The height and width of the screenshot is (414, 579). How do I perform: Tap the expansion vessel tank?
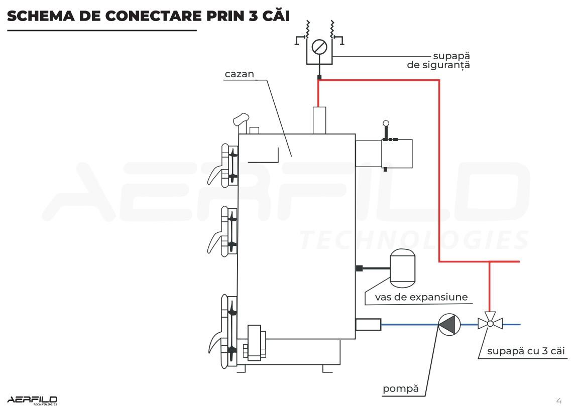tap(403, 266)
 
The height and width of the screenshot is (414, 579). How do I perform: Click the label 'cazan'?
tap(239, 74)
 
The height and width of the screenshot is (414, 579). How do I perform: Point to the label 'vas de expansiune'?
tap(421, 297)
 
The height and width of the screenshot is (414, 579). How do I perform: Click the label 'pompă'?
tap(401, 388)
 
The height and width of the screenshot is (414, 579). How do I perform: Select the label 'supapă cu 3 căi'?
tap(526, 351)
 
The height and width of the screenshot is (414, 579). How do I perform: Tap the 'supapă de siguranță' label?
tap(438, 60)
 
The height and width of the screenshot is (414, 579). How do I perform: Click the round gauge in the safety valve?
tap(319, 47)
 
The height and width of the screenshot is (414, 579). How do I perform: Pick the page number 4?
tap(559, 400)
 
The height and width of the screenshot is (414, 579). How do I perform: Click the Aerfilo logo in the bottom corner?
tap(32, 400)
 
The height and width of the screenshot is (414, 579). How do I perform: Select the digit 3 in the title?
tap(253, 16)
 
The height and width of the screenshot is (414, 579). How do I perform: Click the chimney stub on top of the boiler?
tap(319, 120)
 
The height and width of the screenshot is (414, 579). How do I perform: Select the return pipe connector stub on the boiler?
tap(368, 324)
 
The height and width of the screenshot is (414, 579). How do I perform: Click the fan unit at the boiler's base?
tap(255, 342)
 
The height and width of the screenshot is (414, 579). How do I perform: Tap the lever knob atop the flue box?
tap(386, 123)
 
